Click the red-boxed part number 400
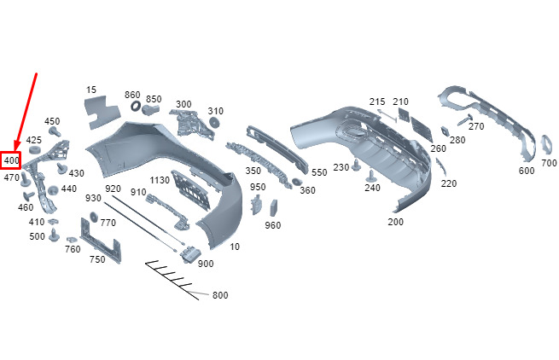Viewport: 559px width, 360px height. click(x=11, y=160)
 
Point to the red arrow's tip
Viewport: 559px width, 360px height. click(x=15, y=151)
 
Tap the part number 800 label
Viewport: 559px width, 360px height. click(x=220, y=295)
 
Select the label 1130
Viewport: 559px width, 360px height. click(x=160, y=180)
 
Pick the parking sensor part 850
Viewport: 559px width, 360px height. click(x=151, y=109)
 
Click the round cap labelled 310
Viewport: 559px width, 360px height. click(x=214, y=122)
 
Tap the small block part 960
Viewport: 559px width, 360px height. click(x=274, y=208)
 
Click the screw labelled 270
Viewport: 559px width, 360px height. click(x=465, y=119)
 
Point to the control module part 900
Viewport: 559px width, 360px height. click(x=190, y=254)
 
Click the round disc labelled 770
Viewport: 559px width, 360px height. click(x=94, y=217)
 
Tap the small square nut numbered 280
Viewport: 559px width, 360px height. click(x=445, y=131)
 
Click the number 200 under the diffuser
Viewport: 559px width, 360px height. click(x=395, y=222)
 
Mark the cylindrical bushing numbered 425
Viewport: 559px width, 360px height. click(x=35, y=149)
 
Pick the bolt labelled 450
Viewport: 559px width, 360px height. click(x=55, y=131)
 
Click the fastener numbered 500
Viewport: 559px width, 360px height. click(x=54, y=235)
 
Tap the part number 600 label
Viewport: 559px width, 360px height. click(x=527, y=171)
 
